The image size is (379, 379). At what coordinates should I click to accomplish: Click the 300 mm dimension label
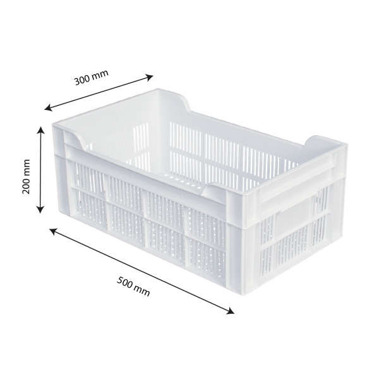point(92,77)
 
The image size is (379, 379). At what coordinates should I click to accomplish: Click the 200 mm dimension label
point(26,176)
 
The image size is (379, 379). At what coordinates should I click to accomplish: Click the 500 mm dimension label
point(133,286)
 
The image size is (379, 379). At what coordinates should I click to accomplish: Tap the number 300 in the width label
point(82,80)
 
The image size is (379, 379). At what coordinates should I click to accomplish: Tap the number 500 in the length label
point(125,282)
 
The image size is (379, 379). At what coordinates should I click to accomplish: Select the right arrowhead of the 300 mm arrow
point(149,77)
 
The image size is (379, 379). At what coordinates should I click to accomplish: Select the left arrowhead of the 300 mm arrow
point(49,108)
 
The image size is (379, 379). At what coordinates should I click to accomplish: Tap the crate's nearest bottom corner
point(251,297)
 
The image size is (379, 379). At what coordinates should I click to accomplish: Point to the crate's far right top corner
point(345,145)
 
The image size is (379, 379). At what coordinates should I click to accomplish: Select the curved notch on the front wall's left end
point(77,139)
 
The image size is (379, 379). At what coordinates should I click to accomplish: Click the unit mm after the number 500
point(142,291)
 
